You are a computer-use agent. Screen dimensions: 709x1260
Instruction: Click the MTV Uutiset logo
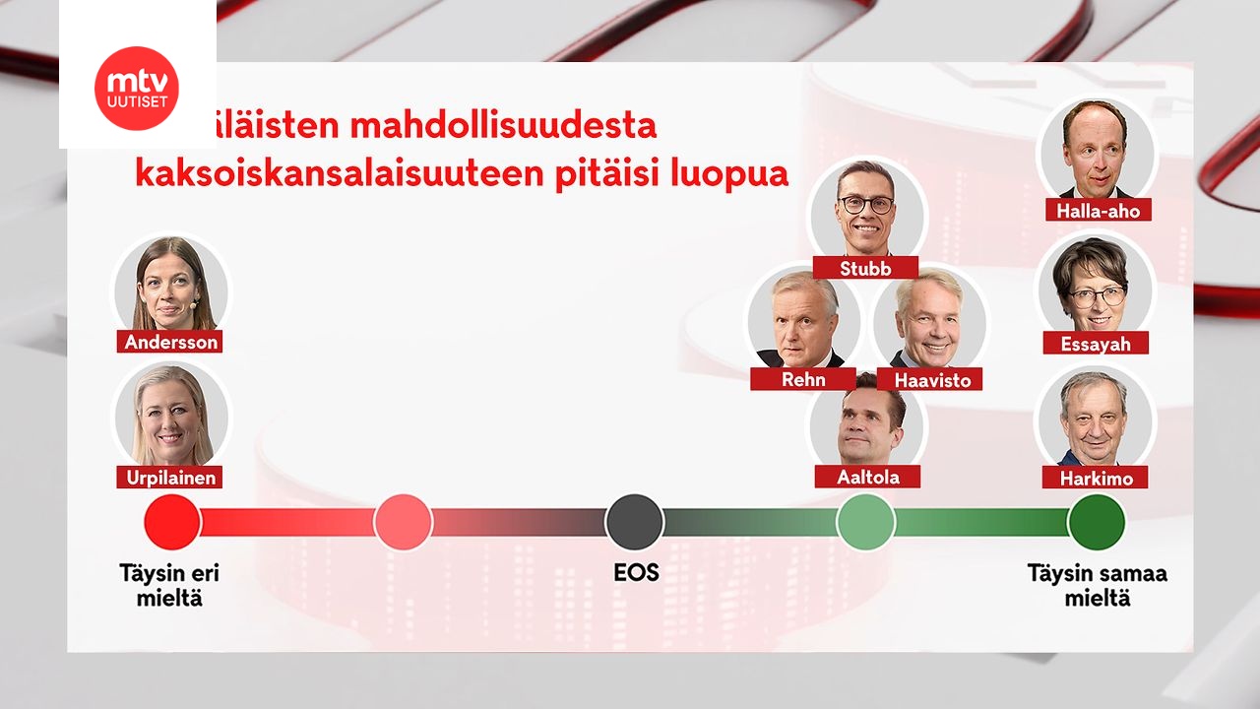pos(137,88)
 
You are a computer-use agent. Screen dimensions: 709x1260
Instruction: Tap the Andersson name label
pos(169,342)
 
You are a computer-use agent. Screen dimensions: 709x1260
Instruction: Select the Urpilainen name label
pos(169,478)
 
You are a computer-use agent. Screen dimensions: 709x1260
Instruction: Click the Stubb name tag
pos(866,268)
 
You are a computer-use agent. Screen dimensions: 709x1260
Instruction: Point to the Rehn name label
pos(803,379)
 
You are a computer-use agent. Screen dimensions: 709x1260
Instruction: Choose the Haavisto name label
pos(930,379)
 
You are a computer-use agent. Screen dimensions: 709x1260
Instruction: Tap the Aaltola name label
pos(867,477)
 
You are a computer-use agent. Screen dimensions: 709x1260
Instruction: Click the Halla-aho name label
pos(1098,210)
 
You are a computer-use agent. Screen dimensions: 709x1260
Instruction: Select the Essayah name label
pos(1096,344)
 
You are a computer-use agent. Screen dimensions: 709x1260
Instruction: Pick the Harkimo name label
pos(1096,479)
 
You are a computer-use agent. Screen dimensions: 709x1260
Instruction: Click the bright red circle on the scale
pos(172,522)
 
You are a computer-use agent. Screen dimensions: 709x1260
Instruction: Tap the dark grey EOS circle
pos(634,522)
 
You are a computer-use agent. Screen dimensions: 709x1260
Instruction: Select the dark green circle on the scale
pos(1097,522)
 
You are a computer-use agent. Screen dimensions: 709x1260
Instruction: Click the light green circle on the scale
pos(865,522)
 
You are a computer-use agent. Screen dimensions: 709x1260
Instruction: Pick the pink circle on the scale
pos(404,522)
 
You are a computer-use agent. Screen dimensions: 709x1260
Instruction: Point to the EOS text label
pos(635,573)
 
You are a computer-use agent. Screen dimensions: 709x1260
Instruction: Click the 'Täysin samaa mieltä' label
pos(1097,585)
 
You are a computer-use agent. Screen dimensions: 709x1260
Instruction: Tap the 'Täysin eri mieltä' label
pos(169,585)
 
